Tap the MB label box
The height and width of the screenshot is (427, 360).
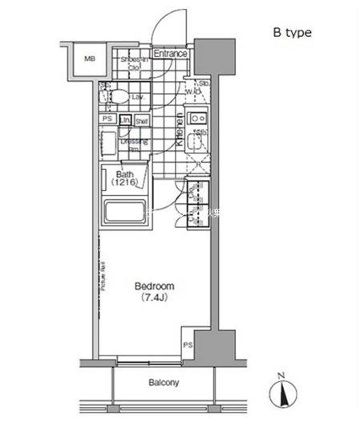(90, 59)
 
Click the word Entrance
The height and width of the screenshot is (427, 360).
(170, 54)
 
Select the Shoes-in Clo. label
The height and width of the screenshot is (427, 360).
(133, 64)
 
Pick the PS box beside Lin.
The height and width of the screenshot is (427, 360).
(107, 120)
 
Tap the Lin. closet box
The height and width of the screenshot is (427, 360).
(125, 120)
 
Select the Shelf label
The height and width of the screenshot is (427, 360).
(141, 120)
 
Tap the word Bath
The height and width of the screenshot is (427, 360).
(124, 174)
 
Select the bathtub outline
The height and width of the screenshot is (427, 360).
(123, 213)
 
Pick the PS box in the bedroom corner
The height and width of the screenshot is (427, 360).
(188, 346)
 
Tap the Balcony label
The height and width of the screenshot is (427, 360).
(164, 383)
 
